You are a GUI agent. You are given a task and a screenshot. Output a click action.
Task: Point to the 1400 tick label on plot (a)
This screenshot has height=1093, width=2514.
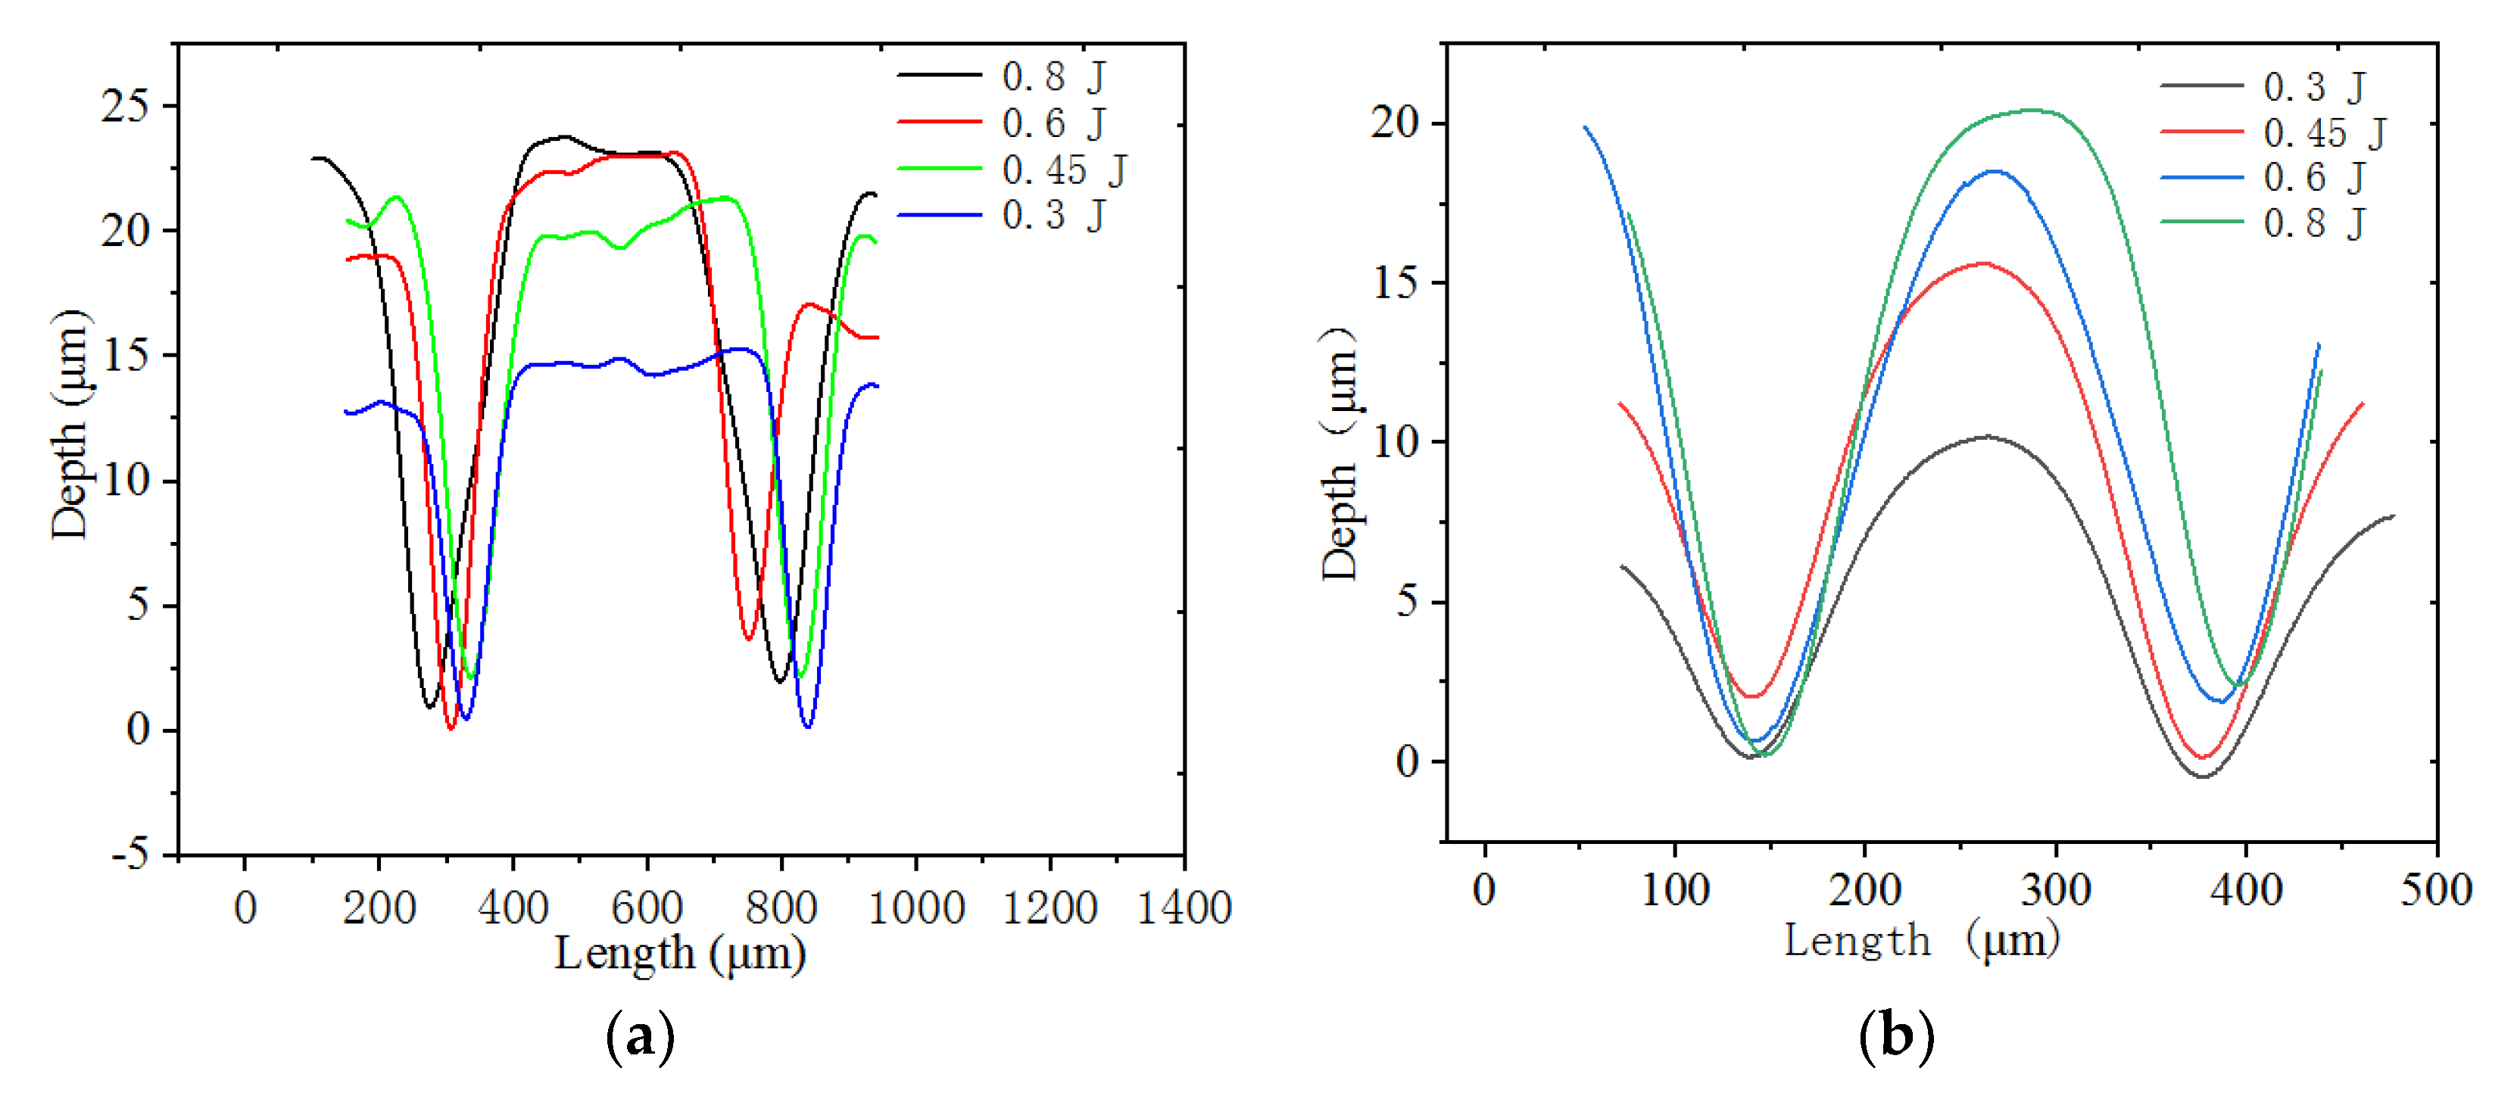(x=1184, y=908)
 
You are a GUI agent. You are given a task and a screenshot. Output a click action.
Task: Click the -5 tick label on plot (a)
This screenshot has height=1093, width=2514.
(x=129, y=854)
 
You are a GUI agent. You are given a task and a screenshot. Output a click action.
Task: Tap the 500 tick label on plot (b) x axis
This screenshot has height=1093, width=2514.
(x=2436, y=890)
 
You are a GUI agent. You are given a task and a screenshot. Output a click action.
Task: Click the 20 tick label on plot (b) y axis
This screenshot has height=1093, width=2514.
(x=1395, y=122)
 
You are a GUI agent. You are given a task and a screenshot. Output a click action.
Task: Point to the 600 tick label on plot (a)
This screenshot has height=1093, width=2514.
(x=646, y=908)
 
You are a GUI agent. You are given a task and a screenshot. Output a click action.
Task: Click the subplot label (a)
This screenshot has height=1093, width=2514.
(x=639, y=1036)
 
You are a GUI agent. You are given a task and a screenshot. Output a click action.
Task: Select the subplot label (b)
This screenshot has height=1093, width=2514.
(x=1895, y=1036)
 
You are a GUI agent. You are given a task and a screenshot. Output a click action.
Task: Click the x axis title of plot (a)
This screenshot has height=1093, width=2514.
(x=680, y=954)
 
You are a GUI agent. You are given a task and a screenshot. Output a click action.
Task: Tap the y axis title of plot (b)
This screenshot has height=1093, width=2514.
(x=1339, y=454)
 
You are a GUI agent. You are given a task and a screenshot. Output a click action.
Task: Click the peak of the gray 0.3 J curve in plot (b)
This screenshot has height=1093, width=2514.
(x=1988, y=436)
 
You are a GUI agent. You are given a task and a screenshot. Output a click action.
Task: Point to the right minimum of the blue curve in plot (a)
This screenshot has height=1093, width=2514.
(x=807, y=726)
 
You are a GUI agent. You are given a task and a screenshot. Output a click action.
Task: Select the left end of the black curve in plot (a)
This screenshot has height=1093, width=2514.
(x=314, y=158)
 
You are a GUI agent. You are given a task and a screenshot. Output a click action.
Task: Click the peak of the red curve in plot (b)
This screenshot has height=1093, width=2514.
(x=1983, y=263)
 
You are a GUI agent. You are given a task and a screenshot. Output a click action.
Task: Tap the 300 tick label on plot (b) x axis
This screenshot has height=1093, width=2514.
(x=2055, y=890)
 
